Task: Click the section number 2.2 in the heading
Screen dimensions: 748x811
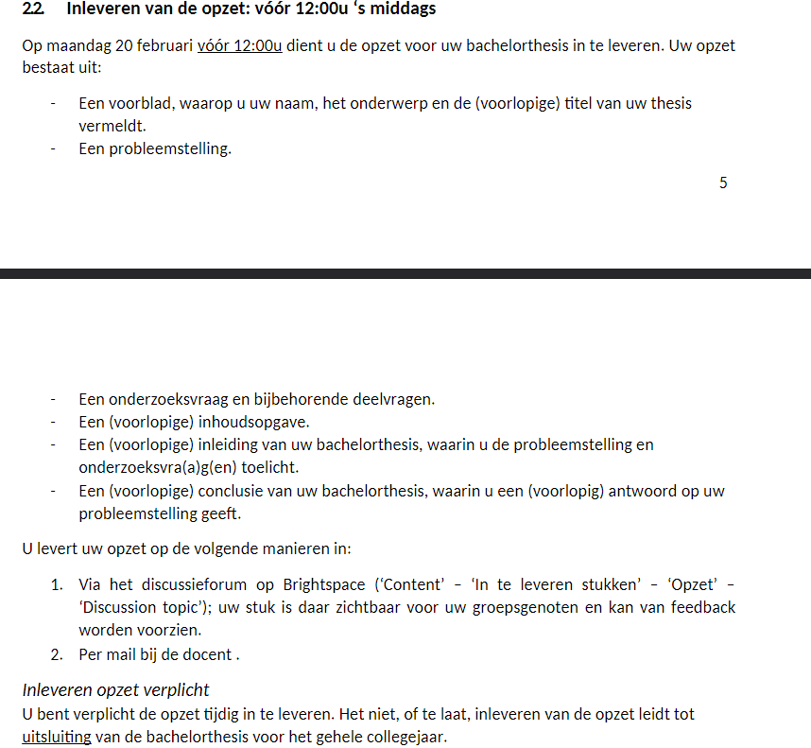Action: pos(34,10)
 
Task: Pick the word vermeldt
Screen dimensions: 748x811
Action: pos(112,125)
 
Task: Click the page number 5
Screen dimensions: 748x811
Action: pos(723,183)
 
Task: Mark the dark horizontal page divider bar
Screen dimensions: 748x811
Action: pos(405,273)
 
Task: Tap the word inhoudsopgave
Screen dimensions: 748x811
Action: pos(261,422)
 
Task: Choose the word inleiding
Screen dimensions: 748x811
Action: pos(235,444)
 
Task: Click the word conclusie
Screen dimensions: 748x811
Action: pos(240,491)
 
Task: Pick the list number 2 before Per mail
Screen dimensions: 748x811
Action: pos(57,653)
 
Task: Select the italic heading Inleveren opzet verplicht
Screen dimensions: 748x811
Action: pos(115,689)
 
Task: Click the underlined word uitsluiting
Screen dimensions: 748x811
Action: pos(57,737)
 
